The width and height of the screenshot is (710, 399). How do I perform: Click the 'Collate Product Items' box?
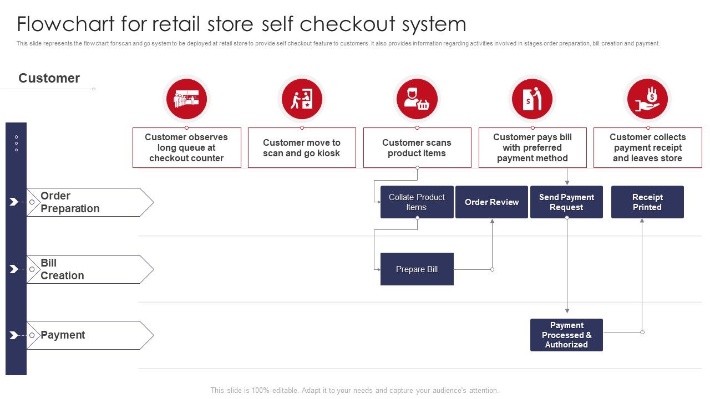click(x=417, y=202)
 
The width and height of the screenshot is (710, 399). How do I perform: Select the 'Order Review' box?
click(x=491, y=202)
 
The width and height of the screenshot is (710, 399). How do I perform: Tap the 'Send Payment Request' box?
click(x=566, y=202)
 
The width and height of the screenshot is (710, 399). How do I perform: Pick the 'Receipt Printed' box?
click(x=647, y=202)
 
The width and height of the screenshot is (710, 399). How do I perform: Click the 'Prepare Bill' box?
click(x=417, y=269)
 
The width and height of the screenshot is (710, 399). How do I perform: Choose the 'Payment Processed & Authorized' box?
click(x=566, y=335)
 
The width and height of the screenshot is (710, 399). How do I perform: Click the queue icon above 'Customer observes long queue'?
click(x=186, y=99)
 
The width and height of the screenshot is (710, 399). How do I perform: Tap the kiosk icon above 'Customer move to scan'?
click(x=302, y=99)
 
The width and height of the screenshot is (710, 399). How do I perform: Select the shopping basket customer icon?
click(x=417, y=99)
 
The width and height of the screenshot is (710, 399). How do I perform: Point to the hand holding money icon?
click(x=647, y=99)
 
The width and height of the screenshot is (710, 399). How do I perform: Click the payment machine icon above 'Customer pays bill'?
click(x=532, y=99)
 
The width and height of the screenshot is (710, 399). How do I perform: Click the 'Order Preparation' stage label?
click(x=70, y=202)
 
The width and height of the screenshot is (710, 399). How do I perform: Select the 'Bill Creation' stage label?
click(x=62, y=269)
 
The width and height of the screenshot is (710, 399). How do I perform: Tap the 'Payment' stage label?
click(x=63, y=335)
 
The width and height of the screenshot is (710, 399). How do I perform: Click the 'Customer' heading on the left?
click(x=49, y=78)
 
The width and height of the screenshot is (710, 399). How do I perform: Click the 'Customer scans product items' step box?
click(x=417, y=148)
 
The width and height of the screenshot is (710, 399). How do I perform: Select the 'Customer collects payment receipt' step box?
click(x=647, y=148)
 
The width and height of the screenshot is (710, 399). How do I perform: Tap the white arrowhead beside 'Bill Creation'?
click(x=14, y=269)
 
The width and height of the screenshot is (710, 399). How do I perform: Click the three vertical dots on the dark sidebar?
click(x=16, y=144)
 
